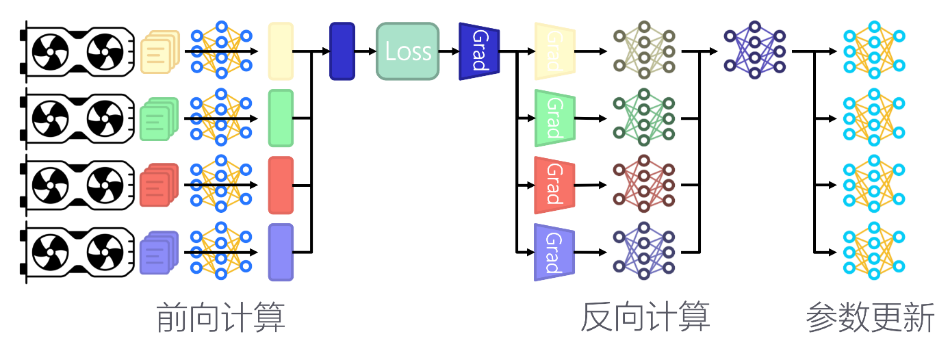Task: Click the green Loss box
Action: [407, 51]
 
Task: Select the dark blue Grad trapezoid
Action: [479, 51]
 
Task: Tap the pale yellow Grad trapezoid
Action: [554, 51]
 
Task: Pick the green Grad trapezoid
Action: [554, 118]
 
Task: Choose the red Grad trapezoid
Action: [554, 185]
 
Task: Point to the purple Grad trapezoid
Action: [554, 252]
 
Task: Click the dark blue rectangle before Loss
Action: [342, 51]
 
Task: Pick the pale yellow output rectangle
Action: [281, 51]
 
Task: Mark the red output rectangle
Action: [281, 185]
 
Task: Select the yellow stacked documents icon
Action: [159, 51]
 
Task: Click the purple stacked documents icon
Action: [159, 253]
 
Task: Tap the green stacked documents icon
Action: [159, 118]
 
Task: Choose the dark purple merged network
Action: [755, 51]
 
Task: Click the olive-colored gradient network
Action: [644, 51]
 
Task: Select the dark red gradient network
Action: [644, 185]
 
